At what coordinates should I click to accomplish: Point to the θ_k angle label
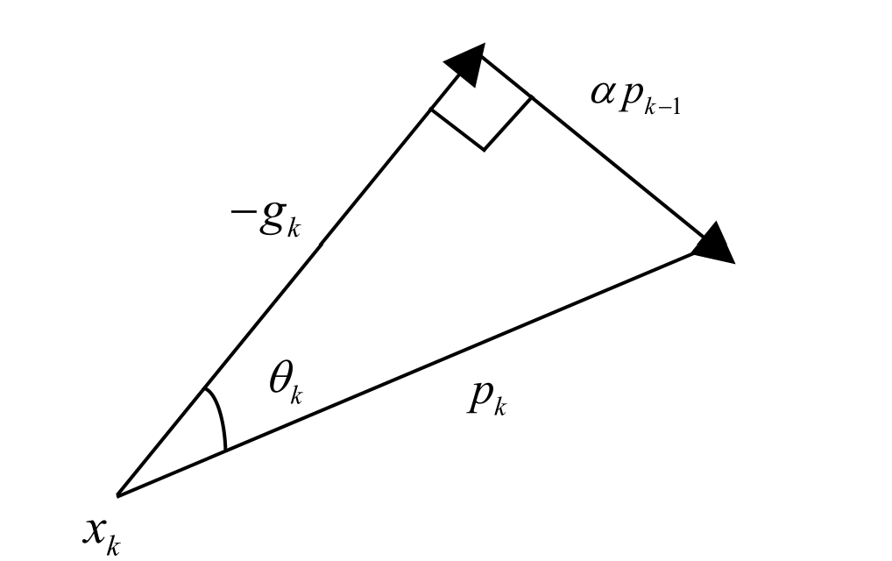point(286,383)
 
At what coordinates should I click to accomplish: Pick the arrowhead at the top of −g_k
point(468,64)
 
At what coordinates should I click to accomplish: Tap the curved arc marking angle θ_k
point(219,419)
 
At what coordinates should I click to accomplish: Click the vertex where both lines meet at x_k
point(117,496)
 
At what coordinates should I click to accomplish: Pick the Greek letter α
point(604,92)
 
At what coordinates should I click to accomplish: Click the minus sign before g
point(242,219)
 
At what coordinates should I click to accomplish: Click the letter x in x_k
point(95,529)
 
